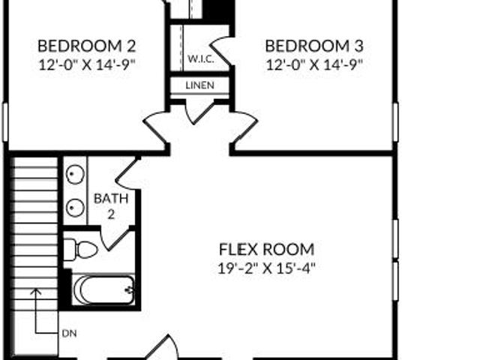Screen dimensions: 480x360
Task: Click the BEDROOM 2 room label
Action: tap(87, 46)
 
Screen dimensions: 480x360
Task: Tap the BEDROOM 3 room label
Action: tap(314, 46)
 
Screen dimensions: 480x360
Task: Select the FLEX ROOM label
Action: tap(267, 249)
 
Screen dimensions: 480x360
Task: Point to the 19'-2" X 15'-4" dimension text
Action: tap(267, 268)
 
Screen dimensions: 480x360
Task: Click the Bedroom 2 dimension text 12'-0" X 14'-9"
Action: tap(87, 65)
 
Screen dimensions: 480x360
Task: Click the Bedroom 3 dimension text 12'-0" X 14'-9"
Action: tap(314, 65)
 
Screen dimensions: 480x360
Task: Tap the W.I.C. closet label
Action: tap(201, 58)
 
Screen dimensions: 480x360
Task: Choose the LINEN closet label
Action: tap(200, 85)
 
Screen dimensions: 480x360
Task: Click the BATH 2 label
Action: tap(111, 206)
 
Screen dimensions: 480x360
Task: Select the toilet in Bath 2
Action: tap(80, 250)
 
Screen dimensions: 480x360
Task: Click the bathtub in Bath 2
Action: tap(103, 289)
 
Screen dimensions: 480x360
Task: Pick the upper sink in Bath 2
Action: tap(75, 175)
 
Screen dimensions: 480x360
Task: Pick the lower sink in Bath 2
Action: tap(75, 208)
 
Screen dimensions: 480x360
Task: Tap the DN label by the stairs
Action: tap(69, 333)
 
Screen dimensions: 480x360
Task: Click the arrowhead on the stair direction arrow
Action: tap(36, 292)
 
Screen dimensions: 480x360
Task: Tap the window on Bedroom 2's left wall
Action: tap(5, 121)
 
